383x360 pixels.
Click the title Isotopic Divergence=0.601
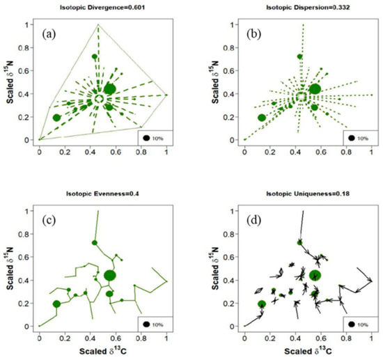[104, 8]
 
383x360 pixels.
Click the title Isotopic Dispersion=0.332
[308, 8]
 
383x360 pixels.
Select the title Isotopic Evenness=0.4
[104, 194]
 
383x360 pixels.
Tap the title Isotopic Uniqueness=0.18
[308, 194]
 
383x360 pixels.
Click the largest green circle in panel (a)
[110, 88]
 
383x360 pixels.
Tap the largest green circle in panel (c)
[110, 275]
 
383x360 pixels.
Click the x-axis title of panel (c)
[103, 351]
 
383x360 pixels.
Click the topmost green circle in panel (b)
[300, 56]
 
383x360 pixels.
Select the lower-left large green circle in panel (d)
[262, 304]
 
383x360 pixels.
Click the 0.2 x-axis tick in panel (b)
[270, 150]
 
